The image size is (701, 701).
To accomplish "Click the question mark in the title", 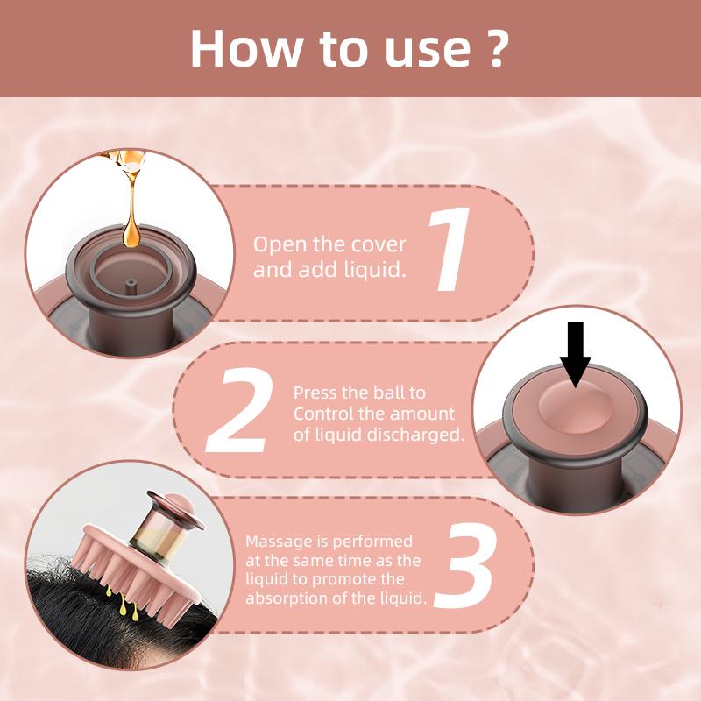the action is (x=495, y=48).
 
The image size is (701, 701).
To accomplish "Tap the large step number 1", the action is (x=450, y=249).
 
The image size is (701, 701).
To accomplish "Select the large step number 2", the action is (x=239, y=409).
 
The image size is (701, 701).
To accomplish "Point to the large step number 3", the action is (x=466, y=565).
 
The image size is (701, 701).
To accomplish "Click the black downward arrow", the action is (x=576, y=354).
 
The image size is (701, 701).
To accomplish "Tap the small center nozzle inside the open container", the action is (x=131, y=287).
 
